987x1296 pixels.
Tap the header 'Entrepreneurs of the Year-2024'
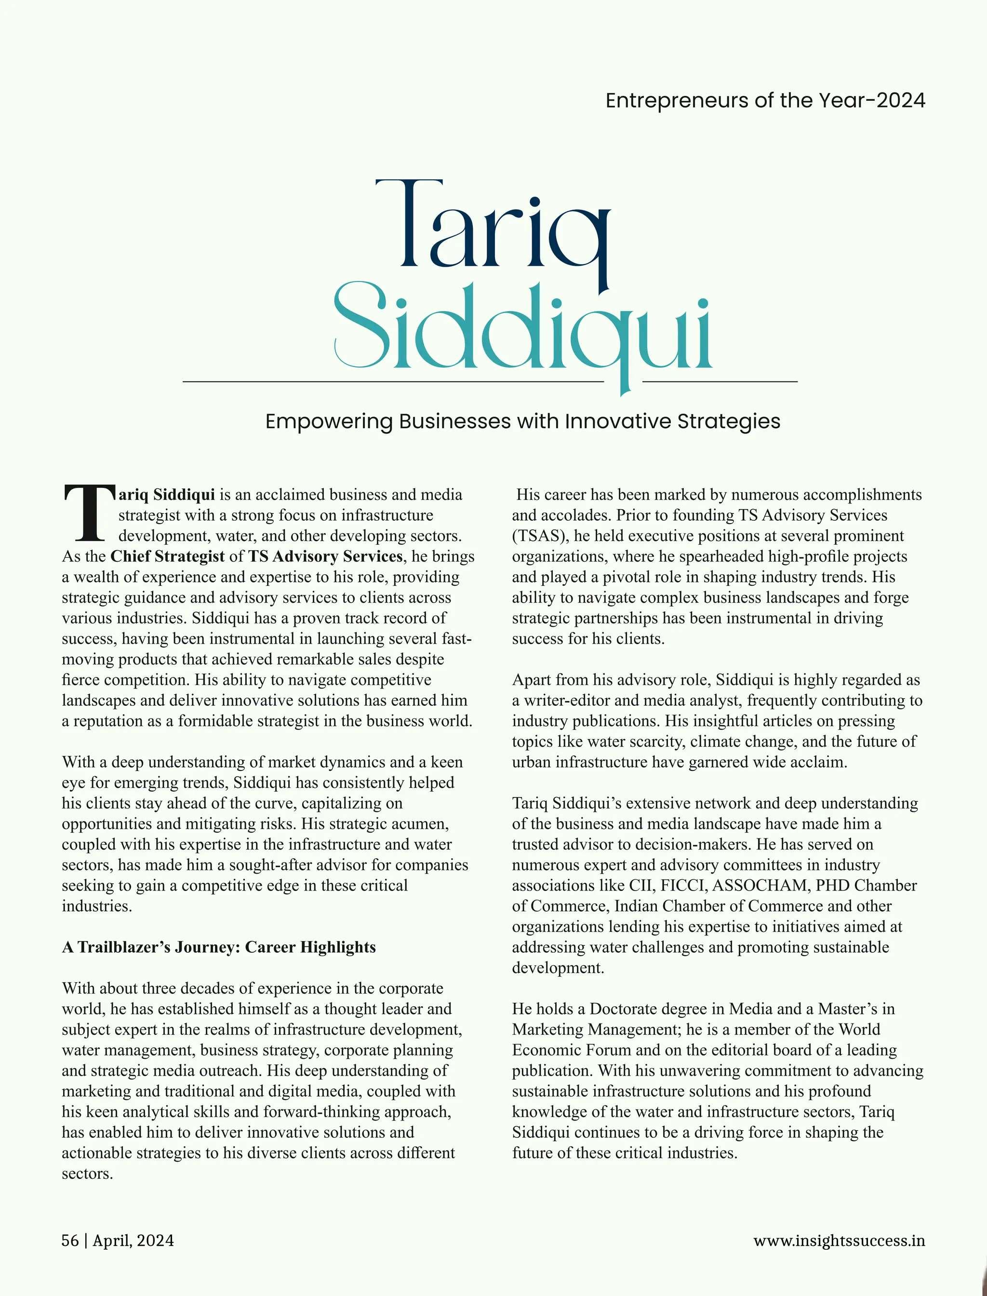765,100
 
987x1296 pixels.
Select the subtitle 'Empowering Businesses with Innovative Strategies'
522,421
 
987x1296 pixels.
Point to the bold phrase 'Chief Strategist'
167,556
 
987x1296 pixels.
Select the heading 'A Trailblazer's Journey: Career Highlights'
218,947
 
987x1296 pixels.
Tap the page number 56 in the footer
70,1241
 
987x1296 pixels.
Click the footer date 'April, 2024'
133,1241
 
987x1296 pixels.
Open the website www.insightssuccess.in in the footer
839,1241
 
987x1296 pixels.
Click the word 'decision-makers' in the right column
689,845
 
